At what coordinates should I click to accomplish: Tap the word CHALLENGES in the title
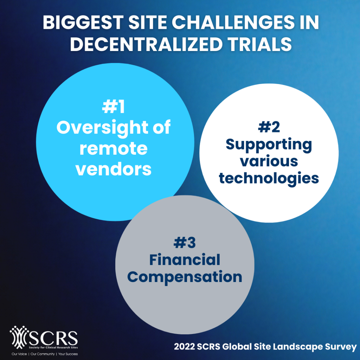click(x=233, y=22)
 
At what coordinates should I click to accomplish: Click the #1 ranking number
click(x=114, y=107)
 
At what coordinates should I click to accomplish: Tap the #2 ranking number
click(x=269, y=127)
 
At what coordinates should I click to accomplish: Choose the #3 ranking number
click(x=185, y=243)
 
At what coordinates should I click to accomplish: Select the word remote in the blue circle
click(x=114, y=149)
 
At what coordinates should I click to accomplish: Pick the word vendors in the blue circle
click(x=114, y=169)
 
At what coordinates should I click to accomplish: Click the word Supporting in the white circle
click(x=269, y=145)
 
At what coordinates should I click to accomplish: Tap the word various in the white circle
click(x=269, y=162)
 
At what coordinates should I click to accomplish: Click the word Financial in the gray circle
click(x=185, y=260)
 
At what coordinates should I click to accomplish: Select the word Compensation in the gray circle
click(x=185, y=277)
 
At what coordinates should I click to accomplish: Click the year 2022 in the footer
click(x=184, y=347)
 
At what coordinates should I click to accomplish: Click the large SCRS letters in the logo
click(x=54, y=339)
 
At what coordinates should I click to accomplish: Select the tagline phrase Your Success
click(x=68, y=354)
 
